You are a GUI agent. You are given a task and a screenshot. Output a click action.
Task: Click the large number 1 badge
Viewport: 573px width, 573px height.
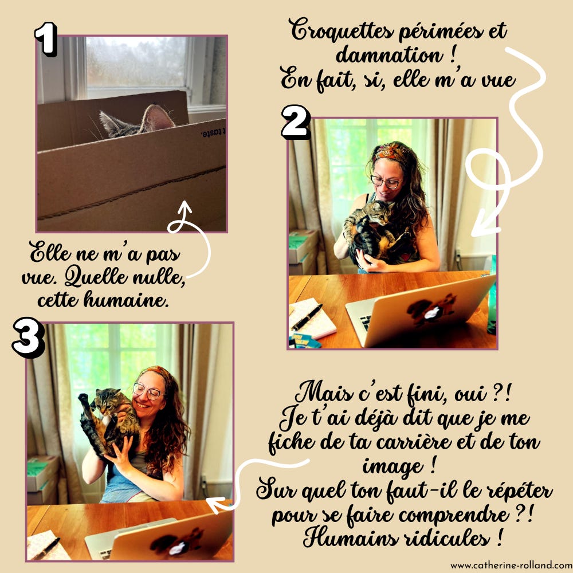(46, 39)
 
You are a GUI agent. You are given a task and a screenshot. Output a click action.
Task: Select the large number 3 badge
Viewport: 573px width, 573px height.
(28, 337)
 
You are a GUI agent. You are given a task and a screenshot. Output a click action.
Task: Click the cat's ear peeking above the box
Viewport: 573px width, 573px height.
(158, 117)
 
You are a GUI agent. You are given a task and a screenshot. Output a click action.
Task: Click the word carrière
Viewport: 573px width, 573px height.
(413, 442)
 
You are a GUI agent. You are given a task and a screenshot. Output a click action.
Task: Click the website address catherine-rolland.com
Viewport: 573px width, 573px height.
(511, 566)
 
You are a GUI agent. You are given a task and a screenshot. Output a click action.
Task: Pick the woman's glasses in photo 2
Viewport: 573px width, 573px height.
(387, 181)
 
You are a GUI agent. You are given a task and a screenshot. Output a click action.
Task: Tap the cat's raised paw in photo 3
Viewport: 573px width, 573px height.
(84, 398)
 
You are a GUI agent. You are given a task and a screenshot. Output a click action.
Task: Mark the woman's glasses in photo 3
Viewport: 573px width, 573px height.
(148, 391)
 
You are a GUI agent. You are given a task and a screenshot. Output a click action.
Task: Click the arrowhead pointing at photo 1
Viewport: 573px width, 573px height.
(185, 206)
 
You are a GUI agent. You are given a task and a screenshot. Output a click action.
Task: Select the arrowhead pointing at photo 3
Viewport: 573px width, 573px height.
(215, 504)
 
